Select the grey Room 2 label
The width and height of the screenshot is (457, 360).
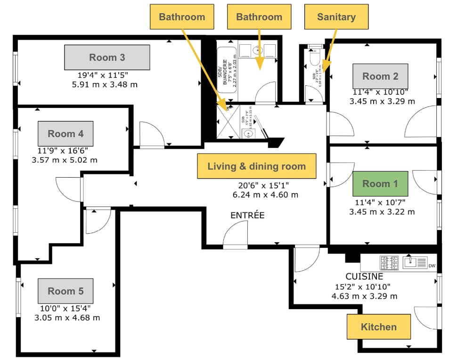380,76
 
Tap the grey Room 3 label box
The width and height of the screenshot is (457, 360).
107,57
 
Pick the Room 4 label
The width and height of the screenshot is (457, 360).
65,134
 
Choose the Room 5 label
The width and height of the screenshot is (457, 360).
65,291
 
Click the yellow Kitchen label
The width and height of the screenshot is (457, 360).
378,327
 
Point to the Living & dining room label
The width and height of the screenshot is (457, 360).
256,166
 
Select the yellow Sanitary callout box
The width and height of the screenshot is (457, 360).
336,17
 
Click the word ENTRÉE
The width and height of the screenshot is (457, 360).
247,215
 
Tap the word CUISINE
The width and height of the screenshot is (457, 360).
364,277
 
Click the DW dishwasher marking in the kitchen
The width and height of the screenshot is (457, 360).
432,266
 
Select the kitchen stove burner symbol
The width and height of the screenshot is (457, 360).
389,262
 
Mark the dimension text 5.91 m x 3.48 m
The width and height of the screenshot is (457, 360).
108,85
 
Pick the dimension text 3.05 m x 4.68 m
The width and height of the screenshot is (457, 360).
67,318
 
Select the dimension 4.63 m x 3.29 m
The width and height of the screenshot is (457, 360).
364,296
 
